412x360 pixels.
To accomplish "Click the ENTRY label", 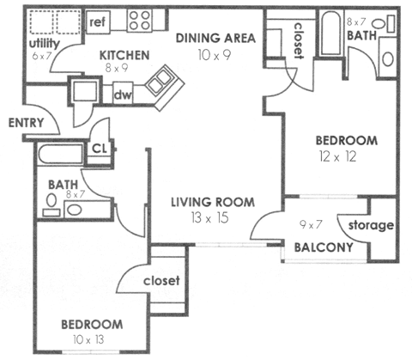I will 25,123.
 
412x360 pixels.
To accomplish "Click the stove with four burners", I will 140,19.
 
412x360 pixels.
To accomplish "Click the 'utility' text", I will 44,42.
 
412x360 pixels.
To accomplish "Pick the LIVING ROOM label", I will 212,203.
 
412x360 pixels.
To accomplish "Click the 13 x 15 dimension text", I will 212,218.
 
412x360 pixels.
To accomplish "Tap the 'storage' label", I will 372,226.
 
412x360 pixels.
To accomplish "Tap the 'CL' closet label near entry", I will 99,148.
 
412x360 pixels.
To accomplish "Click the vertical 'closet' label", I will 300,40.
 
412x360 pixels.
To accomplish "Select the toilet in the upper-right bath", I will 387,59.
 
